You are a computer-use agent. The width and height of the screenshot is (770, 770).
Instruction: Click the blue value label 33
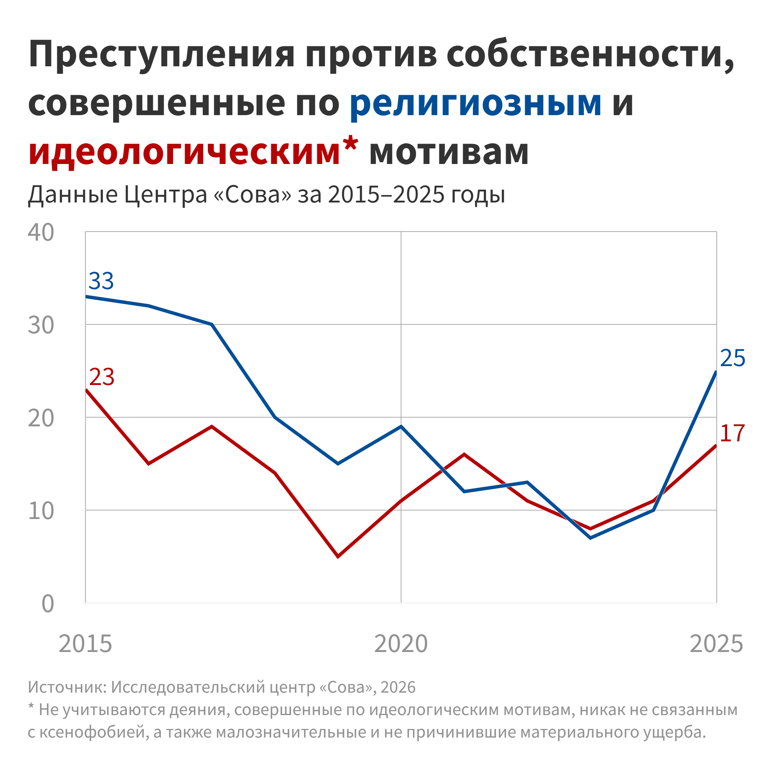coord(101,281)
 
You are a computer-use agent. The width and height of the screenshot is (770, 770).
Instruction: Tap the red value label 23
coord(102,377)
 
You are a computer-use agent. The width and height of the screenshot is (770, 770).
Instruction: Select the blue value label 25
coord(733,358)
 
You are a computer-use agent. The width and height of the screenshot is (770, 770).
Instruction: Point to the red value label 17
coord(733,433)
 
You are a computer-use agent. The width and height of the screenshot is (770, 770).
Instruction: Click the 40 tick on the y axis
coord(41,232)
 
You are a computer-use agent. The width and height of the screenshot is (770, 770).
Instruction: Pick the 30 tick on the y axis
coord(41,325)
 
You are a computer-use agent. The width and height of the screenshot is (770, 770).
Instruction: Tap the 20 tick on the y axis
coord(41,418)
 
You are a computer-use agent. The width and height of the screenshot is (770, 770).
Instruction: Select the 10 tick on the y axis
coord(41,511)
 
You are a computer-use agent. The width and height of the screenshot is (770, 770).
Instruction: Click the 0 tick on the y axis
coord(47,604)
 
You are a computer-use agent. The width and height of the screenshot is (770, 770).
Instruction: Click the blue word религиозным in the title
coord(476,103)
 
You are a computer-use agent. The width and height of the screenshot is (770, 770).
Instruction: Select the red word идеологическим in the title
coord(184,152)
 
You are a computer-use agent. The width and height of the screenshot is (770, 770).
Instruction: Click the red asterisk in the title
coord(350,143)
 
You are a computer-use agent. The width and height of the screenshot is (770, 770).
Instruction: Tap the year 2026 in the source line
coord(398,687)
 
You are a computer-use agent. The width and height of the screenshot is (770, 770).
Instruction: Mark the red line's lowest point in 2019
coord(338,556)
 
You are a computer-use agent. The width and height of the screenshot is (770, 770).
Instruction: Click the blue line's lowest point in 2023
coord(590,538)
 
